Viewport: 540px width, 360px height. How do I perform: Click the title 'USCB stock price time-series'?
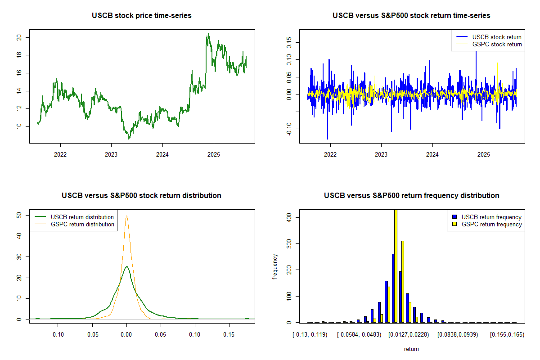(x=142, y=15)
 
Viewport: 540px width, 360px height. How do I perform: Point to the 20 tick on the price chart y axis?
(x=18, y=37)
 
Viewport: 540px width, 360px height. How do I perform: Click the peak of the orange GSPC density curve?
(x=127, y=216)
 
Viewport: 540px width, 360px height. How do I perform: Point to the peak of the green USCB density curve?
(x=127, y=266)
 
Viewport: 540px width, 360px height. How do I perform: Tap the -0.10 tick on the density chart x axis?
(x=57, y=335)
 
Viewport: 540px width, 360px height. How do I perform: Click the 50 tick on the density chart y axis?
(x=18, y=216)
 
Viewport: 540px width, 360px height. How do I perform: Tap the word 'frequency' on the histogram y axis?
(x=275, y=267)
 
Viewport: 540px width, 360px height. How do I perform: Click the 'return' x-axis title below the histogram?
(x=411, y=349)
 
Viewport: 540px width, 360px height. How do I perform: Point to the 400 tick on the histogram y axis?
(x=288, y=217)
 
